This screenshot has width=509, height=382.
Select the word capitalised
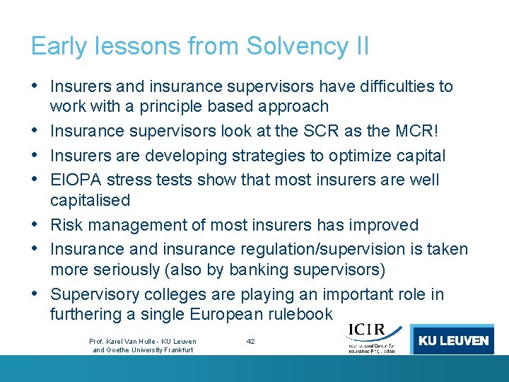point(90,200)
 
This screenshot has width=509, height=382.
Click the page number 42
point(250,341)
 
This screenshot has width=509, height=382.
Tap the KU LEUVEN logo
point(453,340)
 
